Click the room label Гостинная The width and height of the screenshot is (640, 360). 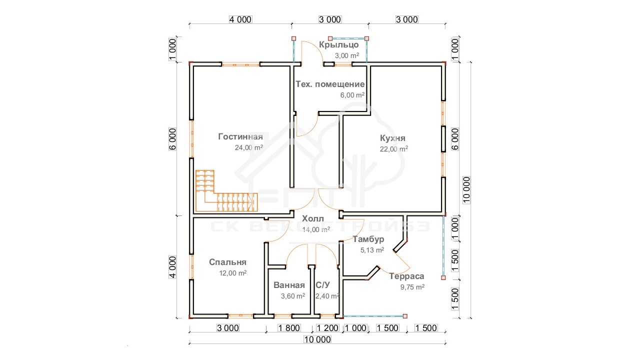(x=240, y=137)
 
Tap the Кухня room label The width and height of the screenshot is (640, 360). (x=392, y=138)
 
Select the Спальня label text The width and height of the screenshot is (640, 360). (x=227, y=262)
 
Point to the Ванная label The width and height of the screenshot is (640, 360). (x=289, y=285)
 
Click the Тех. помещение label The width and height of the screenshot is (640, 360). (x=330, y=84)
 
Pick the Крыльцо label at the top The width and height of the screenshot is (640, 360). (x=339, y=45)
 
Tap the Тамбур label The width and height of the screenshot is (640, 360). (x=368, y=239)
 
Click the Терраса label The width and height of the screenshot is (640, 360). (x=406, y=276)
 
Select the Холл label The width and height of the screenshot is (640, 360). (x=313, y=219)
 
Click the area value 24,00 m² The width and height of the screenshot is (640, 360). (x=249, y=147)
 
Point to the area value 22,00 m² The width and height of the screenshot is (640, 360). (x=393, y=149)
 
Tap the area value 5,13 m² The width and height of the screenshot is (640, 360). (x=372, y=250)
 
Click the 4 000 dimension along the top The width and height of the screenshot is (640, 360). (x=240, y=19)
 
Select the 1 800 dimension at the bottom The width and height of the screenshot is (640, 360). (x=289, y=328)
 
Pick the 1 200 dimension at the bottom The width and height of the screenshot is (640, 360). (x=327, y=328)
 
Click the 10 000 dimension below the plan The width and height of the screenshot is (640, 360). (x=317, y=339)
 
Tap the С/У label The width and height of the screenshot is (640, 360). (x=323, y=285)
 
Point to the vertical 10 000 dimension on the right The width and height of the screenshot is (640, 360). (x=466, y=190)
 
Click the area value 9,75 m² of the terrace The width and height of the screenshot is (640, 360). (x=412, y=287)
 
